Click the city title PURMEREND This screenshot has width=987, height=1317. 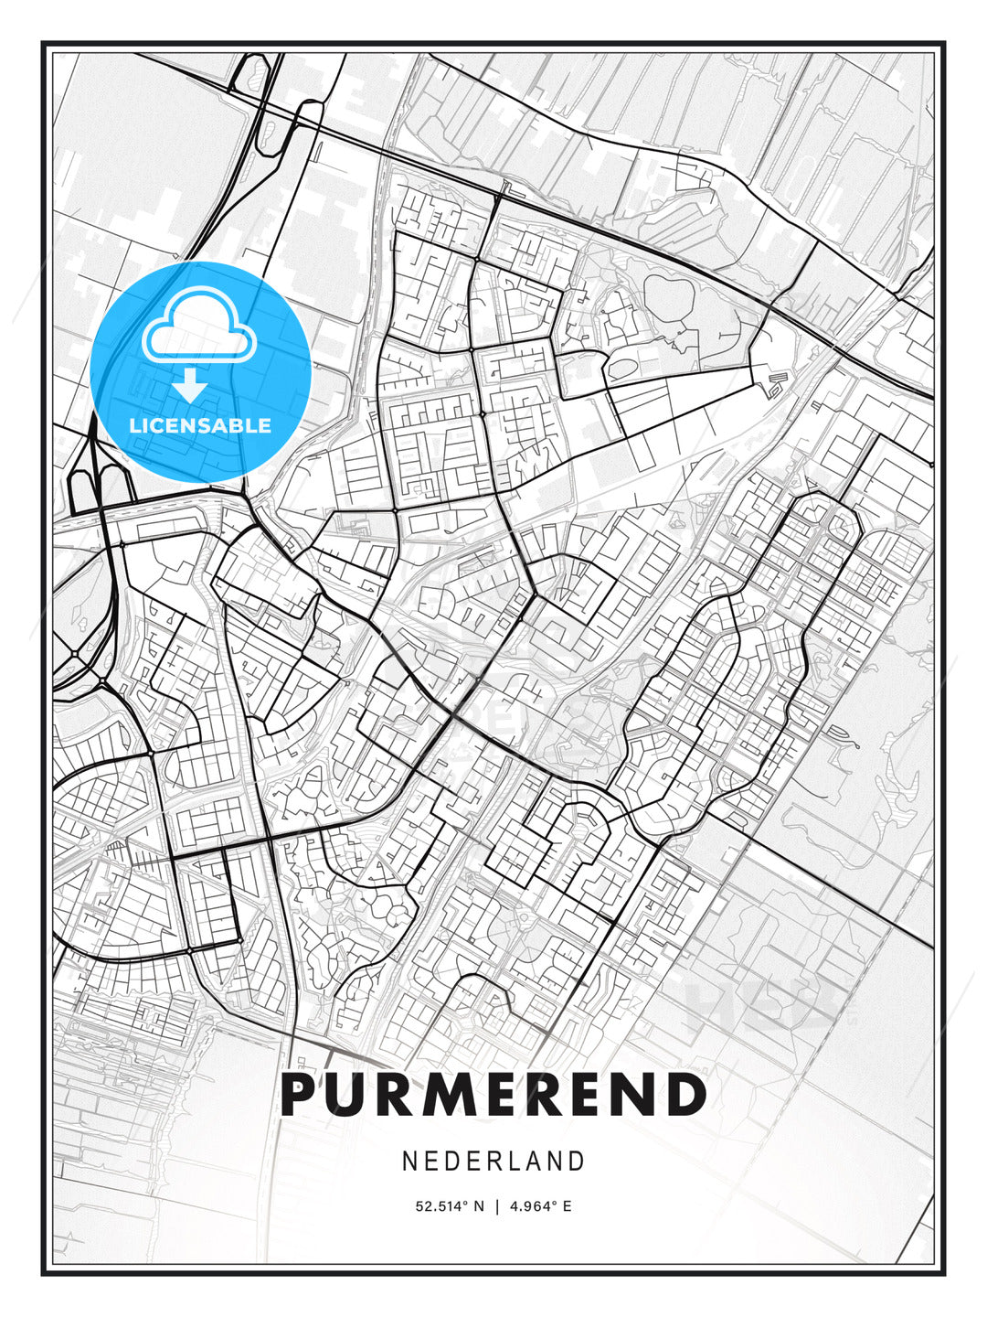click(x=493, y=1095)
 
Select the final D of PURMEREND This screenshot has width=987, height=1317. click(x=685, y=1095)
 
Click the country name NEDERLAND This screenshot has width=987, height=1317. click(x=493, y=1161)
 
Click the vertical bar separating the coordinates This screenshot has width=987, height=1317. click(x=497, y=1206)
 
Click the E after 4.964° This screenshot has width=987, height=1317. click(x=567, y=1206)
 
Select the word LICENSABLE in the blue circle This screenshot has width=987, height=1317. click(x=200, y=426)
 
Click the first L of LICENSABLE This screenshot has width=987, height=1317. click(x=134, y=426)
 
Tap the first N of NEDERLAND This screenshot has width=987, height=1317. click(x=409, y=1161)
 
